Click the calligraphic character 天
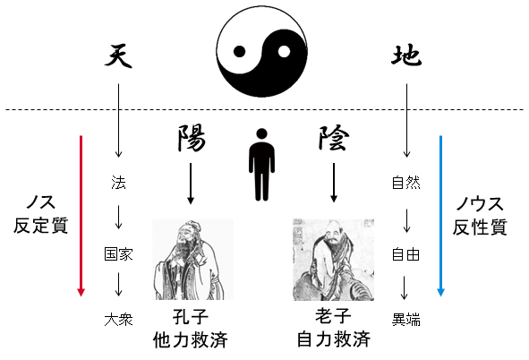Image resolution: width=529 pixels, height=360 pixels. click(118, 56)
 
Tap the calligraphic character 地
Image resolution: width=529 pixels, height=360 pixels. click(406, 56)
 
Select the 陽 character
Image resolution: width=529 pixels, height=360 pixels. click(192, 138)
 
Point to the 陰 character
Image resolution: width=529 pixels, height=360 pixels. click(333, 138)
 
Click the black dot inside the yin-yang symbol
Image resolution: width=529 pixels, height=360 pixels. click(239, 52)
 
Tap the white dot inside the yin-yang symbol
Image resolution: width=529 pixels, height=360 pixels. click(284, 52)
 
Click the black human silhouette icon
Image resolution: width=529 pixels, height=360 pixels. click(261, 164)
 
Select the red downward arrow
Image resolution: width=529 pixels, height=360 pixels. click(81, 216)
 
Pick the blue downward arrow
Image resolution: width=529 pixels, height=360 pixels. click(440, 216)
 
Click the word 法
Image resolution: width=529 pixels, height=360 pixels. click(118, 183)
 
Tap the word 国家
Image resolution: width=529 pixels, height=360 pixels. click(118, 254)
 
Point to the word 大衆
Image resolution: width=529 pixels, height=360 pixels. click(118, 320)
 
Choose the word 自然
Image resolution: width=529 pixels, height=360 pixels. click(406, 183)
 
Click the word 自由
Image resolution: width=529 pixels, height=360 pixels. click(405, 254)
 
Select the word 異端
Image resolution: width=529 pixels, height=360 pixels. click(406, 320)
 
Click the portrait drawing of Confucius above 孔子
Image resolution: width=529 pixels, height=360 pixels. click(192, 260)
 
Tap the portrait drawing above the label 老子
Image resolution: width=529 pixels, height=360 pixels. click(333, 260)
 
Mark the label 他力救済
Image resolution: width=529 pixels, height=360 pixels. click(191, 339)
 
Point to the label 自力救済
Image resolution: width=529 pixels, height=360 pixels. click(334, 339)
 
